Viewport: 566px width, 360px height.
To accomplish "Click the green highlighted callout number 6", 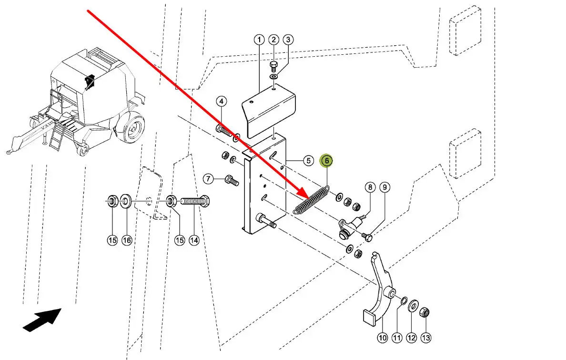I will tap(327, 161).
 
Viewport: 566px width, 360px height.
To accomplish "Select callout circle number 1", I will tap(259, 40).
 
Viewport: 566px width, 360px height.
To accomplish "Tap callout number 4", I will tap(221, 101).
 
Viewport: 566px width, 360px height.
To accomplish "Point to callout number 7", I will tap(208, 179).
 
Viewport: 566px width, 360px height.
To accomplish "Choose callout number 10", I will tap(383, 338).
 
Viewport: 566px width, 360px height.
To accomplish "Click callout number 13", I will tap(426, 338).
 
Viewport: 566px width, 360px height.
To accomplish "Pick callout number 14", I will tap(194, 240).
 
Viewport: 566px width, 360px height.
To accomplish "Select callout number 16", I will tap(127, 240).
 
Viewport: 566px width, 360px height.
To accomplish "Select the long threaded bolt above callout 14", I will tap(193, 201).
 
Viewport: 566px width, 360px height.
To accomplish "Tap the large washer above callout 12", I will tap(413, 305).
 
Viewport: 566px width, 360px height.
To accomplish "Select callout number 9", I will tap(385, 187).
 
